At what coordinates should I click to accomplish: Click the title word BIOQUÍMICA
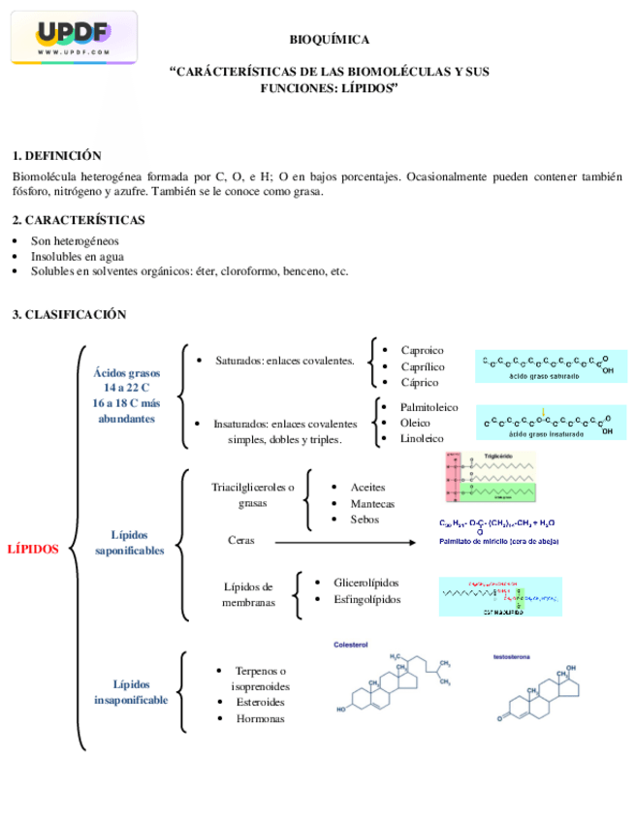330,40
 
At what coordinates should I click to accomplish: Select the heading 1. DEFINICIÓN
56,156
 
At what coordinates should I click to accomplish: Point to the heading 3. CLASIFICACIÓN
69,315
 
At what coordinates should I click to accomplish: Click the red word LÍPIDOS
33,549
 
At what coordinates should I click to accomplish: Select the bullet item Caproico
422,350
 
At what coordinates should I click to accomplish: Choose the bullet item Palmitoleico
429,407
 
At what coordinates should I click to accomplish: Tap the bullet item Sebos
365,520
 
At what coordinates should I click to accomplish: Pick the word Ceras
241,540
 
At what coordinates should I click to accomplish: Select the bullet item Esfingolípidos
366,599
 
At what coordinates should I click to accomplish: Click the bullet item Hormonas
260,718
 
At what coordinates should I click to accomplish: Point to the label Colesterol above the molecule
351,644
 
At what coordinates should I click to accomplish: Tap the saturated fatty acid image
551,366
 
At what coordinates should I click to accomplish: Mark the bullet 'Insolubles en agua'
77,256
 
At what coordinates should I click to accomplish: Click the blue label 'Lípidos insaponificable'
131,691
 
